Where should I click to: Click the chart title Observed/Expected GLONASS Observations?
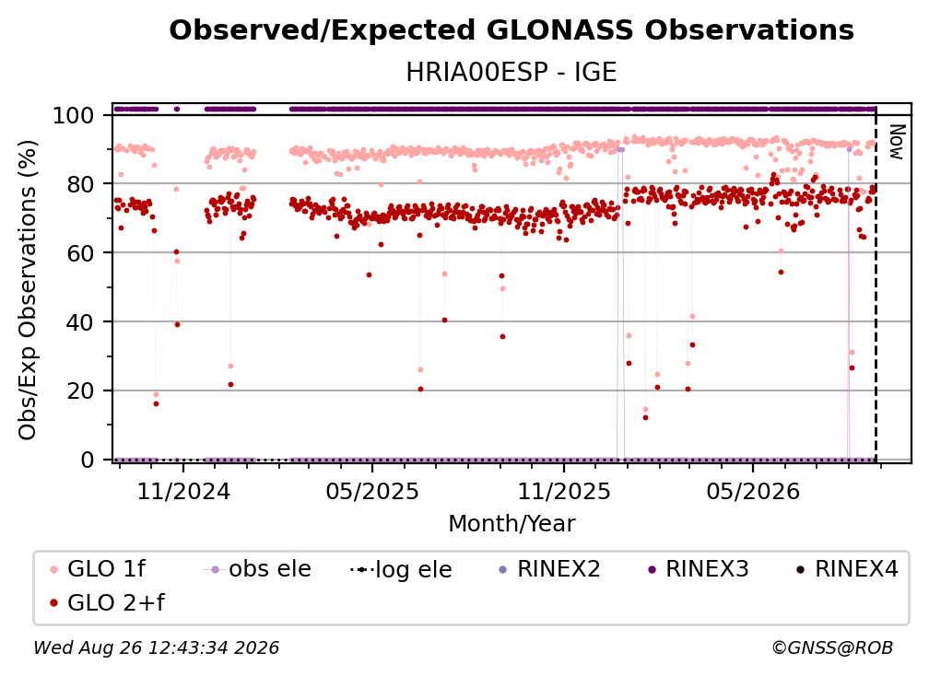pyautogui.click(x=512, y=30)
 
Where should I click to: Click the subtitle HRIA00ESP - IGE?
pyautogui.click(x=512, y=73)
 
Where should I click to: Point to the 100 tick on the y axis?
pyautogui.click(x=74, y=115)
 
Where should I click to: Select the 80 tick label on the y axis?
pyautogui.click(x=80, y=184)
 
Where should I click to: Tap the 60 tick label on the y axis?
pyautogui.click(x=80, y=253)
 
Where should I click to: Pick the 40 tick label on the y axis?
pyautogui.click(x=80, y=322)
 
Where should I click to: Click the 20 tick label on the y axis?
pyautogui.click(x=80, y=391)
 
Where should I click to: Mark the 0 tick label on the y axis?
pyautogui.click(x=88, y=460)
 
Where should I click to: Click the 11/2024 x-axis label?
pyautogui.click(x=183, y=491)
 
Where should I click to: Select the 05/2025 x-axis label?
pyautogui.click(x=372, y=491)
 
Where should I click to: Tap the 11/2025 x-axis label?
pyautogui.click(x=564, y=491)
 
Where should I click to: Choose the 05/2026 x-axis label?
pyautogui.click(x=753, y=491)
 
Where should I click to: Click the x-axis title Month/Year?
pyautogui.click(x=512, y=524)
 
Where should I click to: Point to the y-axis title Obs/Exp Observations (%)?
pyautogui.click(x=28, y=290)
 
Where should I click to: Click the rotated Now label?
pyautogui.click(x=897, y=142)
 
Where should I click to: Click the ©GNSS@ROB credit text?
pyautogui.click(x=832, y=647)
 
